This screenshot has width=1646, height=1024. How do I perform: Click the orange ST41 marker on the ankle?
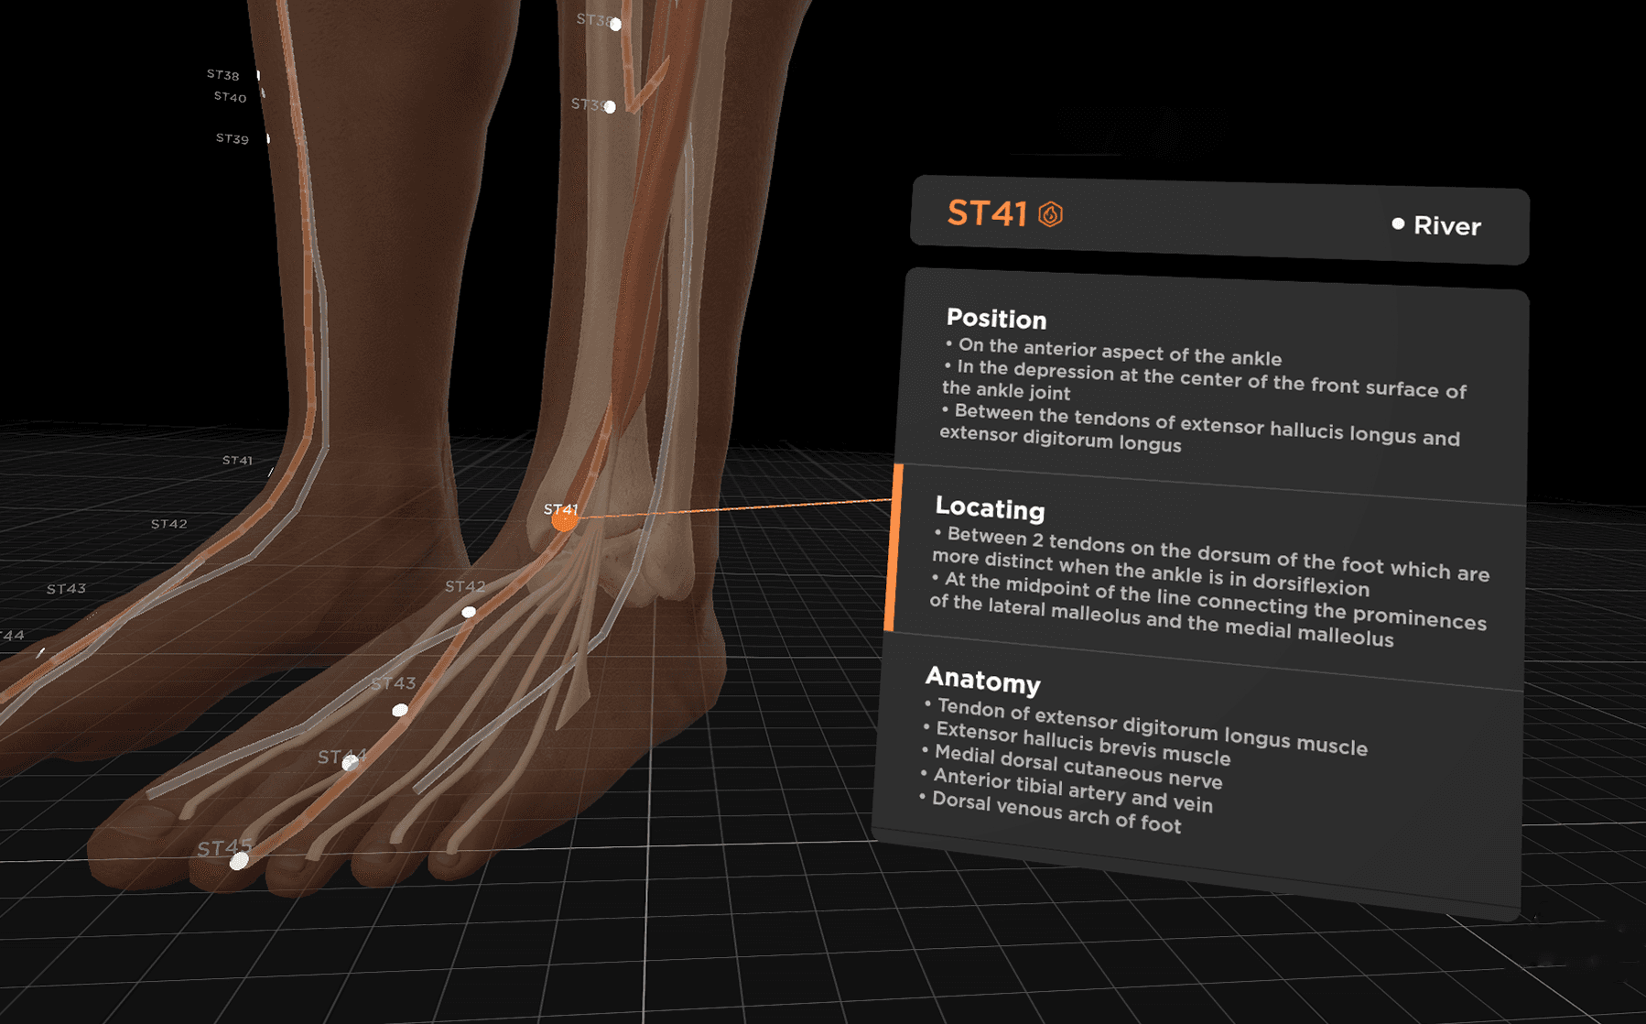tap(564, 520)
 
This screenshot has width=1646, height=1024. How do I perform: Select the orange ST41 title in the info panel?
tap(986, 213)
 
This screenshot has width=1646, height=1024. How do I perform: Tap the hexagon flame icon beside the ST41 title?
tap(1050, 214)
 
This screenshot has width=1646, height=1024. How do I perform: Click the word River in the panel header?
tap(1446, 226)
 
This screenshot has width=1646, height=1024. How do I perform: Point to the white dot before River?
tap(1398, 223)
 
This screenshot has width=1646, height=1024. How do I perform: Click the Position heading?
tap(996, 319)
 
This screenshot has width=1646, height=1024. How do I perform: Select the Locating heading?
tap(990, 508)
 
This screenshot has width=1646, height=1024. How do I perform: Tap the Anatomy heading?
tap(982, 681)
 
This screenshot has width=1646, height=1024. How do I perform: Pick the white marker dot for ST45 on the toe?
tap(239, 861)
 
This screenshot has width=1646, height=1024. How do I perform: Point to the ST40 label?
tap(230, 97)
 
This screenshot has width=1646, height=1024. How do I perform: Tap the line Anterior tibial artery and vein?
tap(1072, 790)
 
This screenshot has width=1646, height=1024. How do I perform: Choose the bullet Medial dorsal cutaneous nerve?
tap(1077, 768)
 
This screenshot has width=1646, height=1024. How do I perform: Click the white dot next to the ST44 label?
tap(350, 763)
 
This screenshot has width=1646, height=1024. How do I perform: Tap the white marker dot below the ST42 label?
tap(469, 612)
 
